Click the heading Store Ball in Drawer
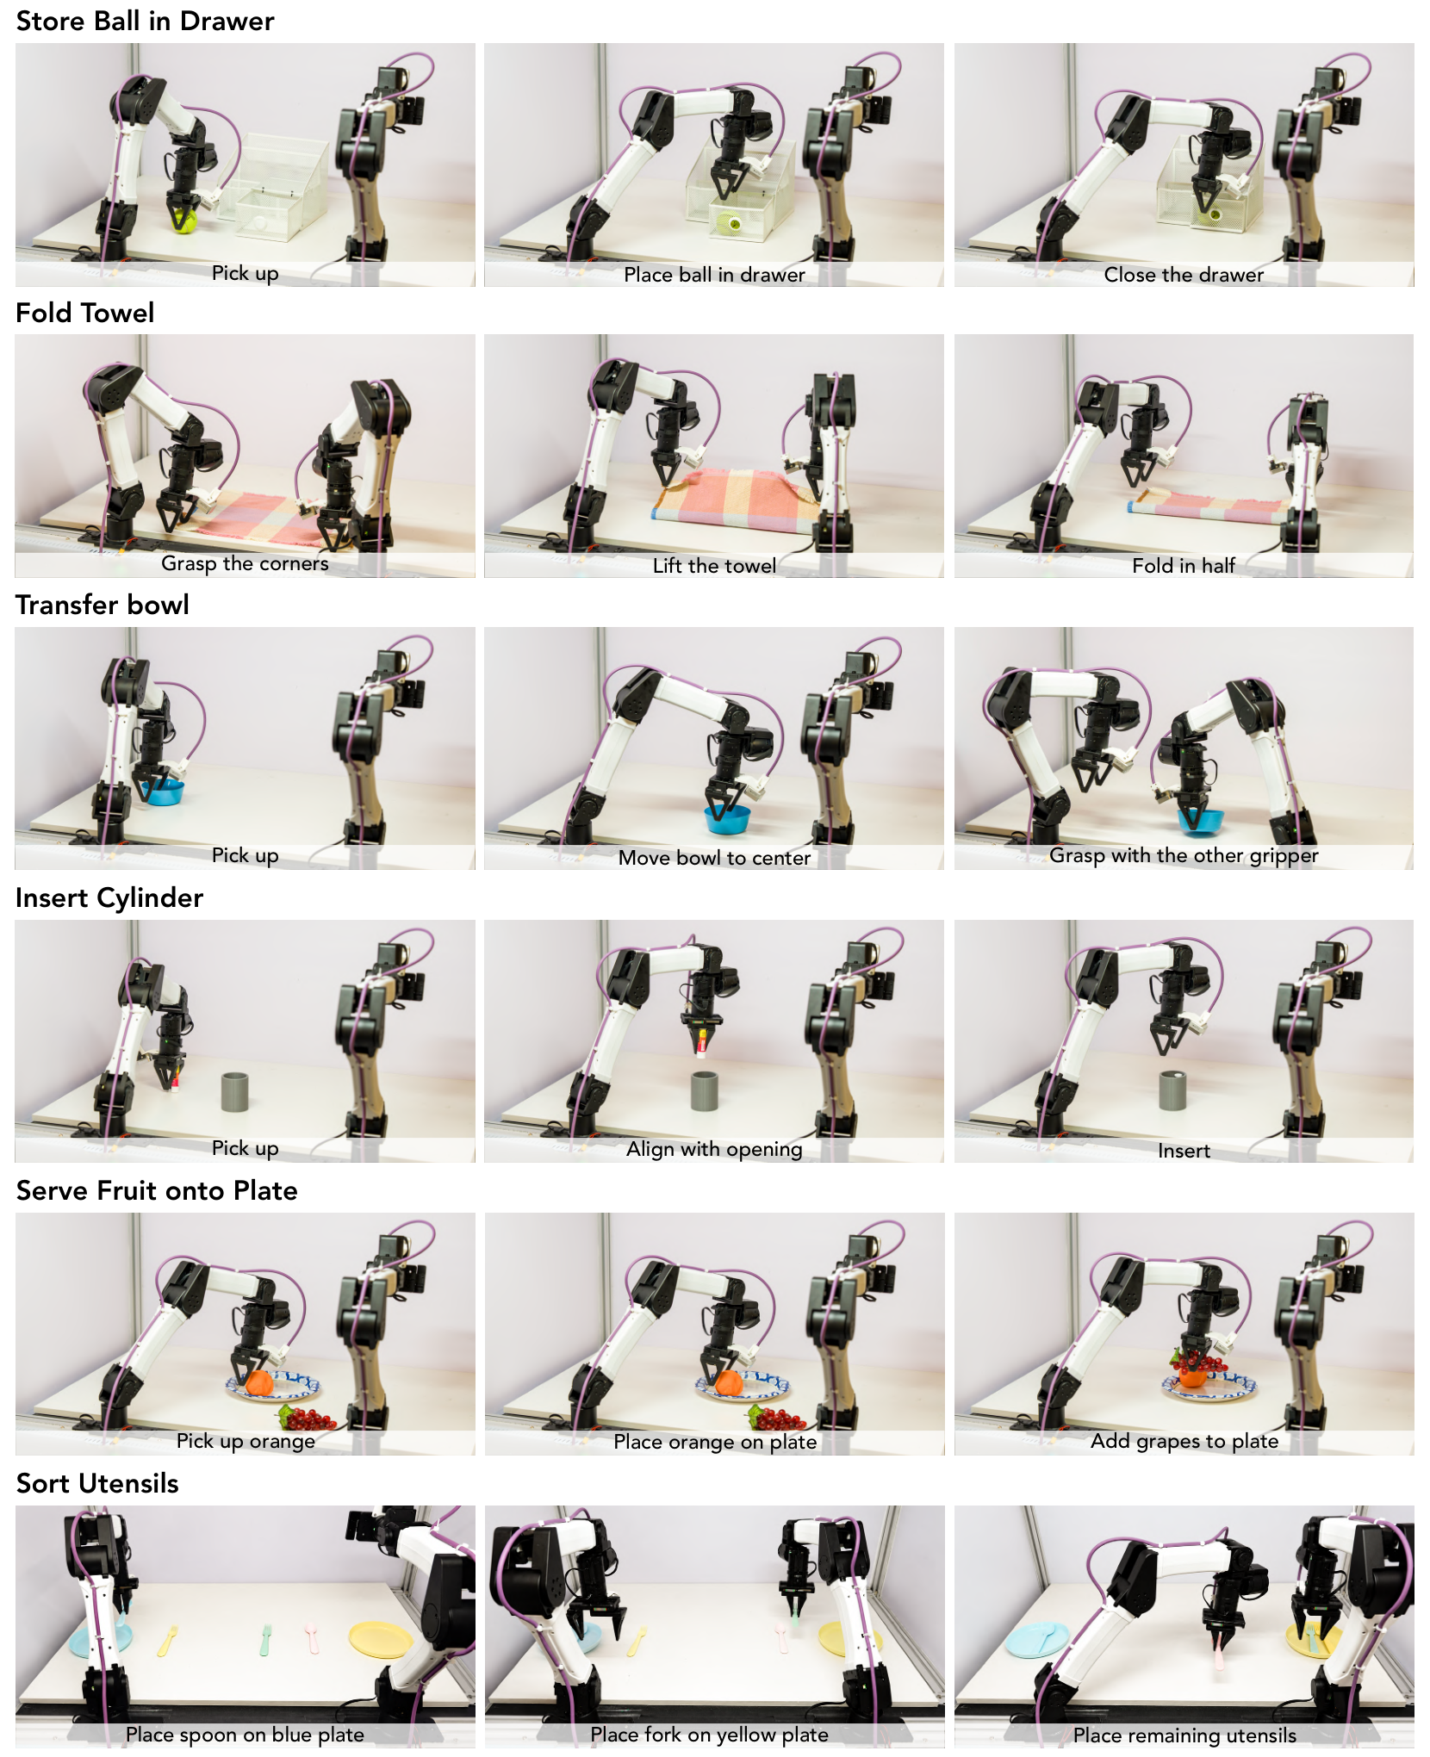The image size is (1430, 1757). click(145, 21)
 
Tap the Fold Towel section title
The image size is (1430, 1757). click(84, 313)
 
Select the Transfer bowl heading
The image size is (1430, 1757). click(102, 605)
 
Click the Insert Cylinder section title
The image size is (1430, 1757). click(109, 897)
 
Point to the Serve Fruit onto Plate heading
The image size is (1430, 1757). click(157, 1190)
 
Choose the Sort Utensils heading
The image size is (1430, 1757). click(97, 1483)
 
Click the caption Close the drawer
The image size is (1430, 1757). click(1184, 275)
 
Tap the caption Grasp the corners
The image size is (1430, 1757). click(245, 563)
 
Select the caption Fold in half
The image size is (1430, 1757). click(1184, 566)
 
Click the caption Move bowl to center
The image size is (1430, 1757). click(714, 858)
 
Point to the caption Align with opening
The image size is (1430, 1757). click(714, 1149)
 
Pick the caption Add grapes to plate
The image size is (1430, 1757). click(1184, 1441)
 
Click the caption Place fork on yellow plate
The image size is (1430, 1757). click(709, 1735)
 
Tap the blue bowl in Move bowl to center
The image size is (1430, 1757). click(727, 818)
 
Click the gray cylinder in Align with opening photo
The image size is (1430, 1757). click(705, 1091)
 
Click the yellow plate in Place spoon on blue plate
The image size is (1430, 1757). click(381, 1639)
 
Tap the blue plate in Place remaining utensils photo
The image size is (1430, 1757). click(1037, 1637)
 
